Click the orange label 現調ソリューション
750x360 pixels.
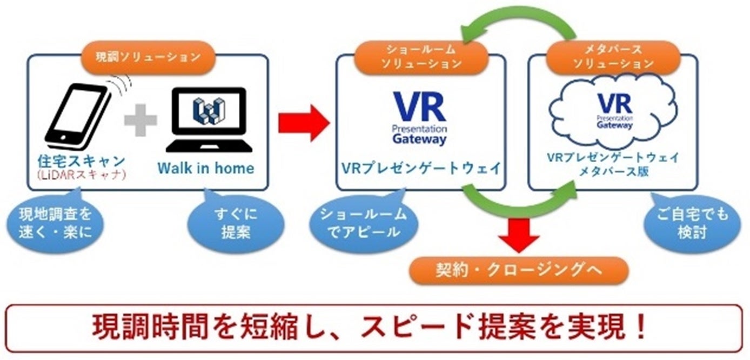pyautogui.click(x=147, y=56)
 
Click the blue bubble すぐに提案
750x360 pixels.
pyautogui.click(x=232, y=224)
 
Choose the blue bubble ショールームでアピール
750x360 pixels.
pyautogui.click(x=363, y=224)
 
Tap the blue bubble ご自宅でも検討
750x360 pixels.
pyautogui.click(x=689, y=224)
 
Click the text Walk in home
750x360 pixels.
pyautogui.click(x=206, y=168)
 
